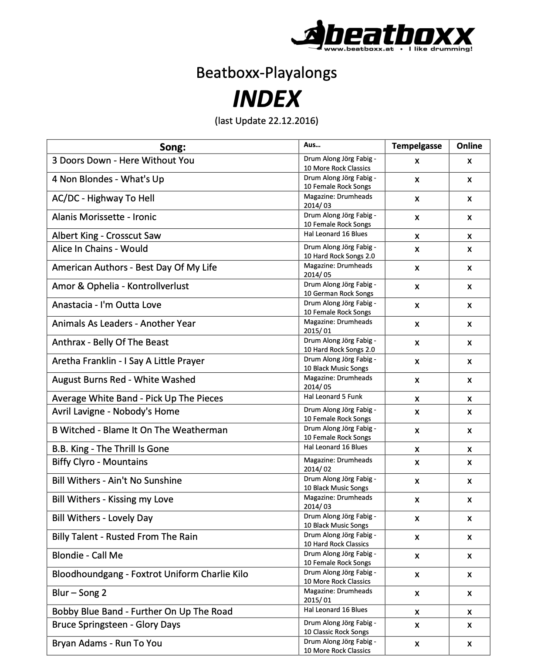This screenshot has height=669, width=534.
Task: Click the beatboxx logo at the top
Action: coord(382,36)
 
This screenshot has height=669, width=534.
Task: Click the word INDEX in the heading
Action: coord(266,99)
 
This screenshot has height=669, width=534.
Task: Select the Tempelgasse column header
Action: coord(416,146)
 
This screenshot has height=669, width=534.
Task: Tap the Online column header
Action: coord(469,146)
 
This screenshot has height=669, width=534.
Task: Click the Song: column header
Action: coord(172,147)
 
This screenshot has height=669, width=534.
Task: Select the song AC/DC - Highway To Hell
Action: coord(103,198)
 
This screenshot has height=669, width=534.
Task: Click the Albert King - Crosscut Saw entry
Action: coord(106,236)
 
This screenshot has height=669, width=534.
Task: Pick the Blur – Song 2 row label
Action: coord(79,593)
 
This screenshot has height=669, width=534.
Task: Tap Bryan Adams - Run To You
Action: coord(107,643)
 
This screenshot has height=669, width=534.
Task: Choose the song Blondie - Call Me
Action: coord(87,555)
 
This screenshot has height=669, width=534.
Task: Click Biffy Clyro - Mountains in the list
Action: coord(100,462)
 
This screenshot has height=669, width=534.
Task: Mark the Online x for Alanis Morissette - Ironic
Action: coord(469,218)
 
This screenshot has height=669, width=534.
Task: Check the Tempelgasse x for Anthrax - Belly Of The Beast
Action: coord(417,343)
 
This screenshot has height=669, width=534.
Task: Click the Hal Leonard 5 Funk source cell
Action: coord(333,397)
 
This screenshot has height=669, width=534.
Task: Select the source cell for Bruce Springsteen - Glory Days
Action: coord(339,627)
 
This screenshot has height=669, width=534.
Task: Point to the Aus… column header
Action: coord(312,145)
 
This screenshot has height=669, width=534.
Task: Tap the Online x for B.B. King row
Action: coord(469,450)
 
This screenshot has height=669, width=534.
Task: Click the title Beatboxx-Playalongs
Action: coord(266,72)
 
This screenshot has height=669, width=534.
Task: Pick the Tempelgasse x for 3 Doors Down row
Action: coord(417,161)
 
